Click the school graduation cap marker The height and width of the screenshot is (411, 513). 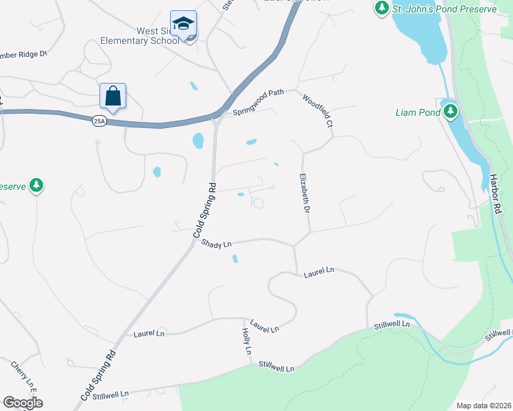pyautogui.click(x=183, y=24)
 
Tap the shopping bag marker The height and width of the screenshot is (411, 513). pyautogui.click(x=112, y=97)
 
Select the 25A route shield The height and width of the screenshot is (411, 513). pyautogui.click(x=99, y=121)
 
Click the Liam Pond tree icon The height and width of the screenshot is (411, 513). pyautogui.click(x=450, y=112)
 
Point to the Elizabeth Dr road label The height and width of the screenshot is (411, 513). pyautogui.click(x=303, y=192)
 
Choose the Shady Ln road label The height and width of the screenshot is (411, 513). pyautogui.click(x=217, y=244)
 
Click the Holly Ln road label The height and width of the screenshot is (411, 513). pyautogui.click(x=247, y=341)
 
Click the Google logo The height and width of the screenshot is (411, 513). pyautogui.click(x=23, y=402)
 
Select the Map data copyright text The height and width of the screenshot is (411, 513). pyautogui.click(x=483, y=406)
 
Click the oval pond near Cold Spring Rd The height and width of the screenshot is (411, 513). pyautogui.click(x=198, y=141)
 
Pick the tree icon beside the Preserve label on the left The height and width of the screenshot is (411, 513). pyautogui.click(x=36, y=186)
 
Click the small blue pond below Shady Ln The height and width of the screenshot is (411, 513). pyautogui.click(x=235, y=259)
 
